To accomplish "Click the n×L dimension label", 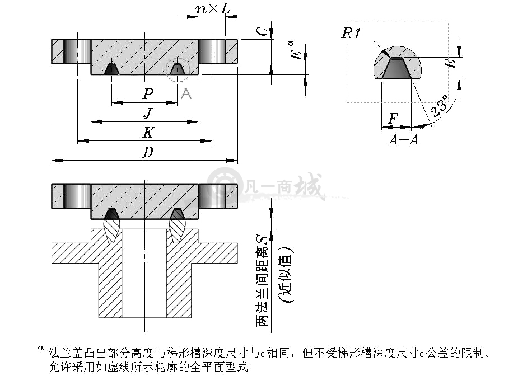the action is click(x=213, y=9).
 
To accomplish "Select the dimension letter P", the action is click(x=148, y=93).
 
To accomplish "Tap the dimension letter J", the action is click(x=148, y=113).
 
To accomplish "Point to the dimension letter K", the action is click(x=148, y=132).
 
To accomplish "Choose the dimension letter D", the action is click(x=148, y=152).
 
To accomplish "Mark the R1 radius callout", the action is click(x=351, y=33).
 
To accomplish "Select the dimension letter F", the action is click(x=393, y=118).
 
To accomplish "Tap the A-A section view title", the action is click(x=403, y=139).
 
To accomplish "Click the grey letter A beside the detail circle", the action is click(x=186, y=93).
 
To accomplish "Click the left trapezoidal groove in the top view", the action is click(x=111, y=69).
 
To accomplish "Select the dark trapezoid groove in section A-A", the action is click(x=396, y=68).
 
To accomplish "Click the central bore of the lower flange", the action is click(x=144, y=273).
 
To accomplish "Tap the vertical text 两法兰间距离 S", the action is click(x=262, y=280).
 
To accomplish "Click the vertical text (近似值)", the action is click(x=286, y=275).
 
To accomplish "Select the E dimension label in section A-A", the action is click(x=451, y=63).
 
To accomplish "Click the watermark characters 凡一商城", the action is click(x=282, y=186).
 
